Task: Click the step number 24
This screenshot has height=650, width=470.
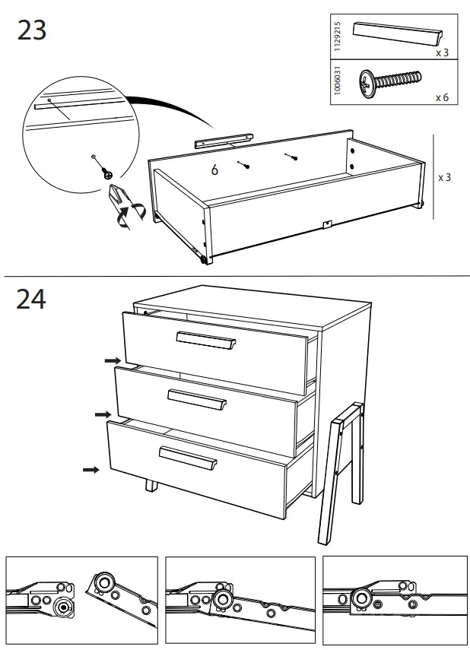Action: point(31,299)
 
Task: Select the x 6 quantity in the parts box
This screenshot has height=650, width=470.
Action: point(442,98)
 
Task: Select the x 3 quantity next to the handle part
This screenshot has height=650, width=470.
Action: point(442,53)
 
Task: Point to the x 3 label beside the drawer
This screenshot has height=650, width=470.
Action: point(445,177)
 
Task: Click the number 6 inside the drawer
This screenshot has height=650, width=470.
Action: point(214,170)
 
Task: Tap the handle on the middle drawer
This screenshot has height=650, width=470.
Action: point(197,400)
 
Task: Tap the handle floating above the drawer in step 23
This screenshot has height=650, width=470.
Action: point(223,140)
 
